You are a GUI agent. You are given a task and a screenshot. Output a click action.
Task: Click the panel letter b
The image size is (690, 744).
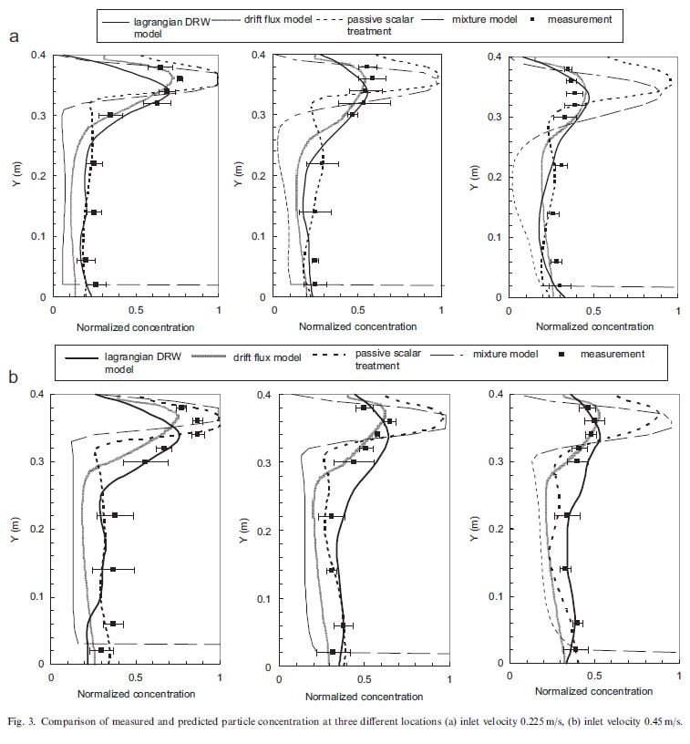[x=14, y=375]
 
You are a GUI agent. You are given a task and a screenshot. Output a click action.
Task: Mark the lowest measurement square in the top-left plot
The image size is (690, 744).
[x=96, y=284]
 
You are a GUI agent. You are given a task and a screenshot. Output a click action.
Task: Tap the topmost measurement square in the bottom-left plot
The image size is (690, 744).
[x=182, y=408]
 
